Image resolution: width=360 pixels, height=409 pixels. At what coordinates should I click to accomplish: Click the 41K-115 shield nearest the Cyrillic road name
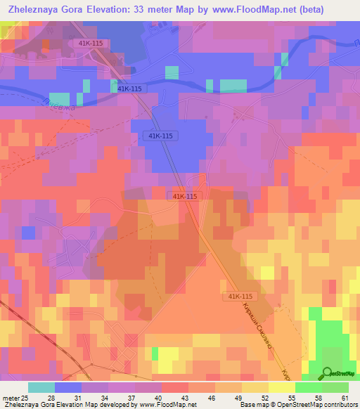point(240,297)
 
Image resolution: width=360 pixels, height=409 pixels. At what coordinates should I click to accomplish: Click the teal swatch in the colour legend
point(41,387)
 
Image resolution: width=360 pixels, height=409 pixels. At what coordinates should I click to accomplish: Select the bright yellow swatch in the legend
point(282,387)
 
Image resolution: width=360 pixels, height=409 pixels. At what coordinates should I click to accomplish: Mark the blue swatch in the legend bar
point(68,387)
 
